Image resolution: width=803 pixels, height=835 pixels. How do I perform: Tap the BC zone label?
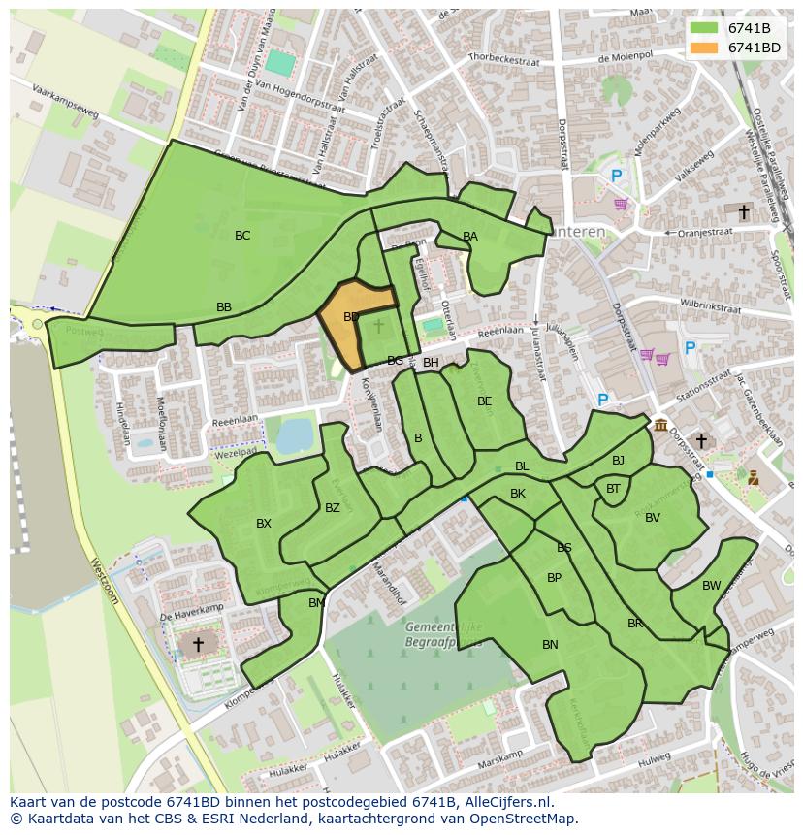click(242, 236)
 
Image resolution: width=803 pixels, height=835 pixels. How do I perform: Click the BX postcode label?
click(264, 524)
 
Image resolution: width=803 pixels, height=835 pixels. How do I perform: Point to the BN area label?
click(550, 645)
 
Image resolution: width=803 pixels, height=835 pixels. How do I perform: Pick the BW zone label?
click(712, 586)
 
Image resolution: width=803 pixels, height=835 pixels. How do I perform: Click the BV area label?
click(653, 518)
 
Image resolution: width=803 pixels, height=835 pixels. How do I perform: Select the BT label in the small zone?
click(613, 489)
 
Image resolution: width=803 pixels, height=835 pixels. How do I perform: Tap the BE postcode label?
click(485, 401)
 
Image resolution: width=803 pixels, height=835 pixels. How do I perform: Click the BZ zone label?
click(333, 508)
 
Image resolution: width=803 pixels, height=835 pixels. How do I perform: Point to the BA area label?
click(470, 237)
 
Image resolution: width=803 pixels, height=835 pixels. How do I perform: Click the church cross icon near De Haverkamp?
click(198, 644)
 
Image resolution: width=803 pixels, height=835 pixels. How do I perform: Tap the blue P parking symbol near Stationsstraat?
click(602, 400)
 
